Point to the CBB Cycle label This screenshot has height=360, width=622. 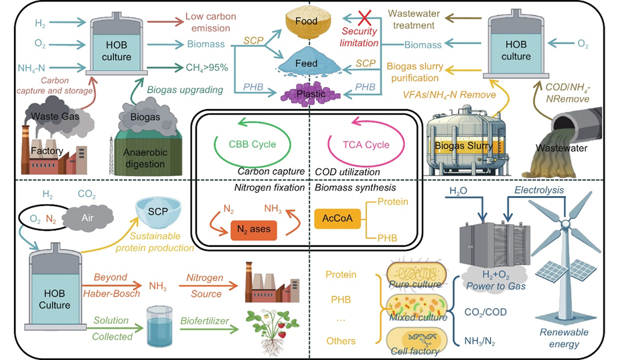pos(255,144)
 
